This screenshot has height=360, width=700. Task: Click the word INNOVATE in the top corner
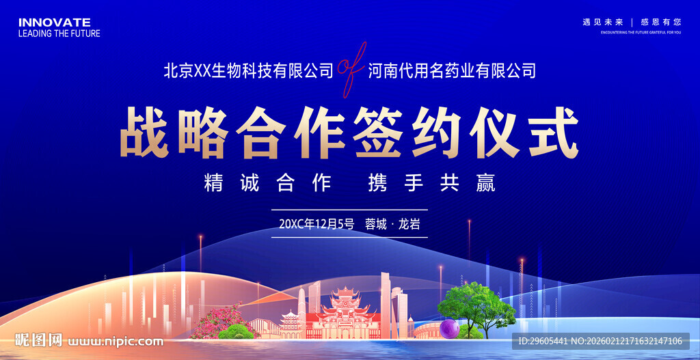(54, 23)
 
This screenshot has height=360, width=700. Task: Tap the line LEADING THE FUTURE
(59, 33)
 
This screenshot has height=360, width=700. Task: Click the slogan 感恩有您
(660, 22)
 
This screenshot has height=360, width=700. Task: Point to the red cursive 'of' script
(351, 68)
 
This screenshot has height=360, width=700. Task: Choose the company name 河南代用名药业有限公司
(452, 70)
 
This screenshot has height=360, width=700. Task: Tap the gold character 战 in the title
(144, 132)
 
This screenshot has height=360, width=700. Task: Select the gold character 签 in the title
(379, 132)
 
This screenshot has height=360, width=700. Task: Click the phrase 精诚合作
(267, 183)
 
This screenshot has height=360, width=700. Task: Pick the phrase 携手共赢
(431, 183)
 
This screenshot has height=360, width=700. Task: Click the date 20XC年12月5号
(317, 224)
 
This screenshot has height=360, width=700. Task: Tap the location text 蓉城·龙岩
(392, 224)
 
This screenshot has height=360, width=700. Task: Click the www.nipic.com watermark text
(117, 341)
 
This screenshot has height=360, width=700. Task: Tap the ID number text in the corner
(600, 341)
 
